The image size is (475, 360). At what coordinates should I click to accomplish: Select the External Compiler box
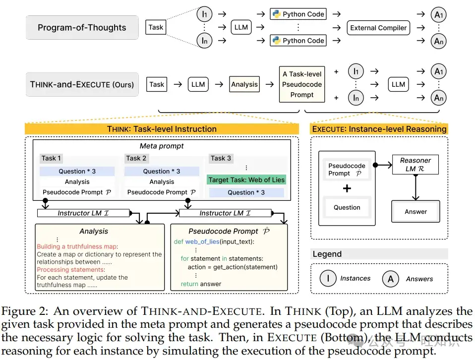tap(378, 28)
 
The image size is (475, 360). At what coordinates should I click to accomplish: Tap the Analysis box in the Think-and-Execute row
tap(244, 84)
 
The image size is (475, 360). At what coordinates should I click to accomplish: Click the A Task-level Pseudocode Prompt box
tap(302, 84)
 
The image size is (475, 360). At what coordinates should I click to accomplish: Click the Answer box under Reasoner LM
tap(416, 212)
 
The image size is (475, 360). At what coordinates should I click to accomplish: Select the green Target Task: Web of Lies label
tap(246, 180)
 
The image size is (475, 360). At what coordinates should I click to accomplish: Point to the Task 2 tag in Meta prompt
tap(136, 158)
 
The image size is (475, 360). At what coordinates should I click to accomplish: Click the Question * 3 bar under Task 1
tap(77, 171)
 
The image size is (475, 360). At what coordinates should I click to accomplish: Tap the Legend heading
tap(327, 254)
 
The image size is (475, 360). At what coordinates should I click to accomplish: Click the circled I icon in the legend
tap(328, 279)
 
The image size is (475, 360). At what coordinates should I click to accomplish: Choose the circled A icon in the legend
tap(391, 279)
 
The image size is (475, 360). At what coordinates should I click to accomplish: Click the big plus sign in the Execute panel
tap(347, 188)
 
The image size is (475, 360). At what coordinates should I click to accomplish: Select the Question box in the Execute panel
tap(347, 208)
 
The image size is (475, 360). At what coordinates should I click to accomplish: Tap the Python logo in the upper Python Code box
tap(276, 14)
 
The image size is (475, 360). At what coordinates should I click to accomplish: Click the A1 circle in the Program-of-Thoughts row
tap(439, 15)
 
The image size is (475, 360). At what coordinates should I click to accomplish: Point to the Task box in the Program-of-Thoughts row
tap(156, 28)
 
